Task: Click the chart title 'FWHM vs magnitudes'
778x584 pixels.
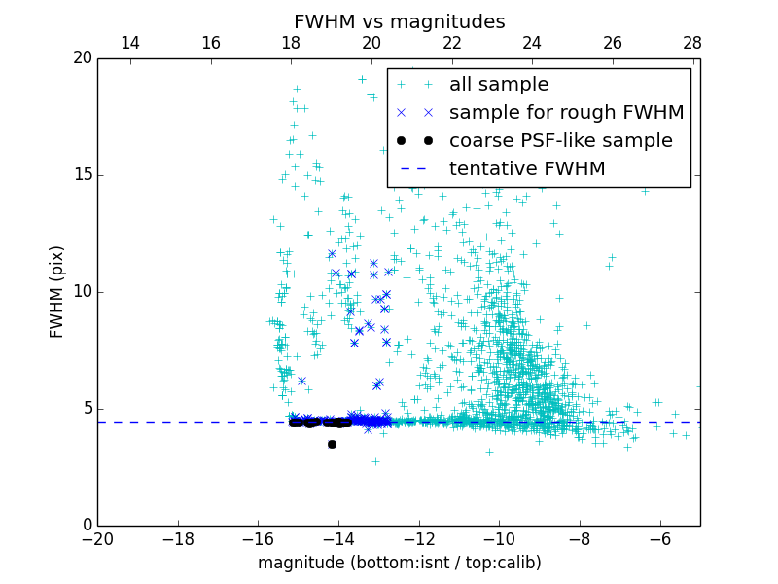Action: [x=399, y=21]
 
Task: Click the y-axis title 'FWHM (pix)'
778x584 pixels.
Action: [x=57, y=291]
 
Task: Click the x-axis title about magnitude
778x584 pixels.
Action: [x=399, y=563]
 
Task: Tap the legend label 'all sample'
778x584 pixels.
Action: [x=499, y=85]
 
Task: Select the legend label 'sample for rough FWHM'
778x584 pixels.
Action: [x=566, y=113]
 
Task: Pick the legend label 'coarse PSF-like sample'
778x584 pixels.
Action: [x=560, y=141]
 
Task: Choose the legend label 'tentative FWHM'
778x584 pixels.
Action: [x=527, y=169]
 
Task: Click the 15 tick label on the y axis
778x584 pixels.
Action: [x=82, y=175]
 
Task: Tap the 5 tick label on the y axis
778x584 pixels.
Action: [x=86, y=409]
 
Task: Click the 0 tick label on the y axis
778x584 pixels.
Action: [x=86, y=526]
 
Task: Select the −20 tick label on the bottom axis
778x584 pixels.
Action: [x=97, y=538]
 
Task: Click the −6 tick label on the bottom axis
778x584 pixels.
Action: [x=659, y=538]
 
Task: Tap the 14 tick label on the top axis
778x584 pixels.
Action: [x=129, y=44]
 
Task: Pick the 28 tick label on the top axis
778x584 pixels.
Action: [x=692, y=44]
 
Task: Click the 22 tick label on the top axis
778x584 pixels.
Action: [x=451, y=44]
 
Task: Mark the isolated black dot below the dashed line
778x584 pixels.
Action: [x=332, y=444]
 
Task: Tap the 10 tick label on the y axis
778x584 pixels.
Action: [x=82, y=292]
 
